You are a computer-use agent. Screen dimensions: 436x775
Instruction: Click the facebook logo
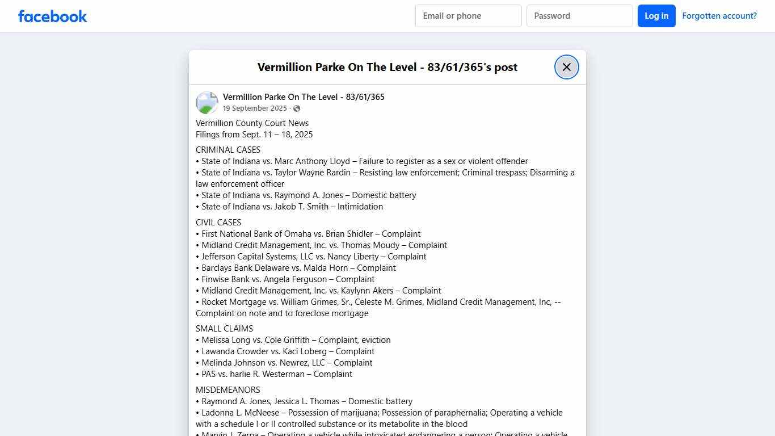53,16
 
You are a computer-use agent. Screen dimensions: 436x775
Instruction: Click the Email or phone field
468,16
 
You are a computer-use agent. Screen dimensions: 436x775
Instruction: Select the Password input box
579,16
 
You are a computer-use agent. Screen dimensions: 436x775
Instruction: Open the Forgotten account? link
719,16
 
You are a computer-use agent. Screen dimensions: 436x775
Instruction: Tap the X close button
566,67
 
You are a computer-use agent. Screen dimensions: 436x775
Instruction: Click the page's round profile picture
207,103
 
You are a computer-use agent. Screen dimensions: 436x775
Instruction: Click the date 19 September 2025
255,108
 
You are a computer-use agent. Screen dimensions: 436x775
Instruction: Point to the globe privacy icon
297,108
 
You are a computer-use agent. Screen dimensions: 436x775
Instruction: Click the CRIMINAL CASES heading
228,150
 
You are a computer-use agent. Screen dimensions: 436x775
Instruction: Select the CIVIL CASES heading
218,223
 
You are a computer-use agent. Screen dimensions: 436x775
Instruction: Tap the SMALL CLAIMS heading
225,329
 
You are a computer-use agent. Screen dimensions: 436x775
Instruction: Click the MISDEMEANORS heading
228,390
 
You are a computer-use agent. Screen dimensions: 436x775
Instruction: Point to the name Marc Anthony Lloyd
312,161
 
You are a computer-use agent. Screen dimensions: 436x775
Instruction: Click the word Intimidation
360,207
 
